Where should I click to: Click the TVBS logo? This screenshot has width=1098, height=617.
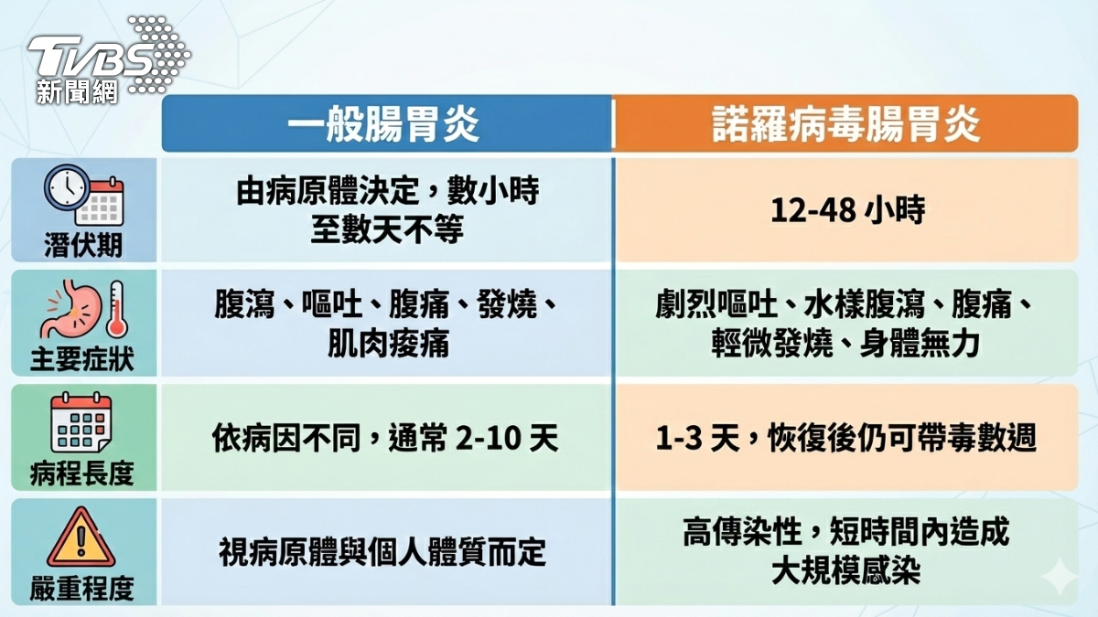tap(109, 59)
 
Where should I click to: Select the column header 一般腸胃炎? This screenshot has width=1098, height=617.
tap(382, 124)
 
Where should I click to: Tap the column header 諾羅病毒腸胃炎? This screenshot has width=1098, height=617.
tap(846, 124)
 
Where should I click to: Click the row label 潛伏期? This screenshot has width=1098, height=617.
tap(83, 244)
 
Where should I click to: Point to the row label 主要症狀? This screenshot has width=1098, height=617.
tap(82, 359)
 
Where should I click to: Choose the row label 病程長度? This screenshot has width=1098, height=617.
tap(82, 473)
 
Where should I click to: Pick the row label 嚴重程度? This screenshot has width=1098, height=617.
tap(82, 588)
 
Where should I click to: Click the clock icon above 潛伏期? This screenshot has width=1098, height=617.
tap(67, 188)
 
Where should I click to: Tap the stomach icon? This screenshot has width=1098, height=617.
tap(71, 309)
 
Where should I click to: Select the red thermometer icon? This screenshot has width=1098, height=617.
tap(117, 309)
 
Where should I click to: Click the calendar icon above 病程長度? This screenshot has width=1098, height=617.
tap(81, 422)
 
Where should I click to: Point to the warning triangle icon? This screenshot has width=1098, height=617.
tap(81, 537)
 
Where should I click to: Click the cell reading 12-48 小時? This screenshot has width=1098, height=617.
tap(847, 210)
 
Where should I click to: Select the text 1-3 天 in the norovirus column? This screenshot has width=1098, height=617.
tap(697, 438)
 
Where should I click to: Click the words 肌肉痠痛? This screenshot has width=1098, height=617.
tap(388, 344)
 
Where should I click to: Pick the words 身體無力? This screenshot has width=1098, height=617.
tap(920, 344)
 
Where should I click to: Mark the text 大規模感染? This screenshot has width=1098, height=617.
tap(846, 570)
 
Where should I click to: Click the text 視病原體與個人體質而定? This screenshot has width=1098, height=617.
tap(382, 552)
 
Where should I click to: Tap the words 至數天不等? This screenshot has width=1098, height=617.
tap(387, 229)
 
